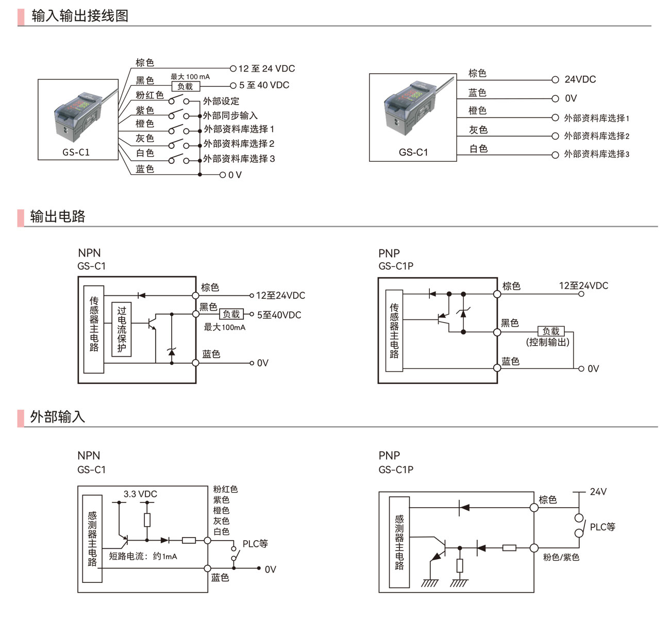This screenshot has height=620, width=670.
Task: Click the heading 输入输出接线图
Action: click(x=80, y=16)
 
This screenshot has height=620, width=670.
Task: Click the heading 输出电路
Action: click(x=58, y=216)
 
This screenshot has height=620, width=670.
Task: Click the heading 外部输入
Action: click(x=58, y=416)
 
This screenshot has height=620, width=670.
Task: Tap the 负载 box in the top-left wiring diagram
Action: click(x=185, y=87)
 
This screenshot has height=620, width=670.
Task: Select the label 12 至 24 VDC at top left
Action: click(x=266, y=69)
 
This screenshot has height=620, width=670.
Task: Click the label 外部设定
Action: click(x=221, y=101)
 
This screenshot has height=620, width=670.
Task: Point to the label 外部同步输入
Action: click(x=230, y=115)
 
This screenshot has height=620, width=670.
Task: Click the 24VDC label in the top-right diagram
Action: click(x=580, y=79)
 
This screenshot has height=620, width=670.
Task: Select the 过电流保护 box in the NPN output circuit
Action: click(x=122, y=329)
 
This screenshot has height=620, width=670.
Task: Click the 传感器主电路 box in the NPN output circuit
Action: click(x=94, y=329)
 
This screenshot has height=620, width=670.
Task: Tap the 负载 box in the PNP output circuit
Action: click(x=551, y=331)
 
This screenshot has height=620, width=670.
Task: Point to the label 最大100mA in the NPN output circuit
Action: click(x=225, y=327)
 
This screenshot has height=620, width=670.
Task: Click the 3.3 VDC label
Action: click(x=140, y=494)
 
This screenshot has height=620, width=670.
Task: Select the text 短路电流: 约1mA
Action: click(x=143, y=557)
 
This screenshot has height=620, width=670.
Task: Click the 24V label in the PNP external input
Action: click(x=598, y=492)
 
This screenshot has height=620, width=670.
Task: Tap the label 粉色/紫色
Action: click(x=561, y=557)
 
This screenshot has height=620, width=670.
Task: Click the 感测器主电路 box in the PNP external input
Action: click(x=399, y=542)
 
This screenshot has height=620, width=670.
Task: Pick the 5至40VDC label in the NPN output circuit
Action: click(x=279, y=315)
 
